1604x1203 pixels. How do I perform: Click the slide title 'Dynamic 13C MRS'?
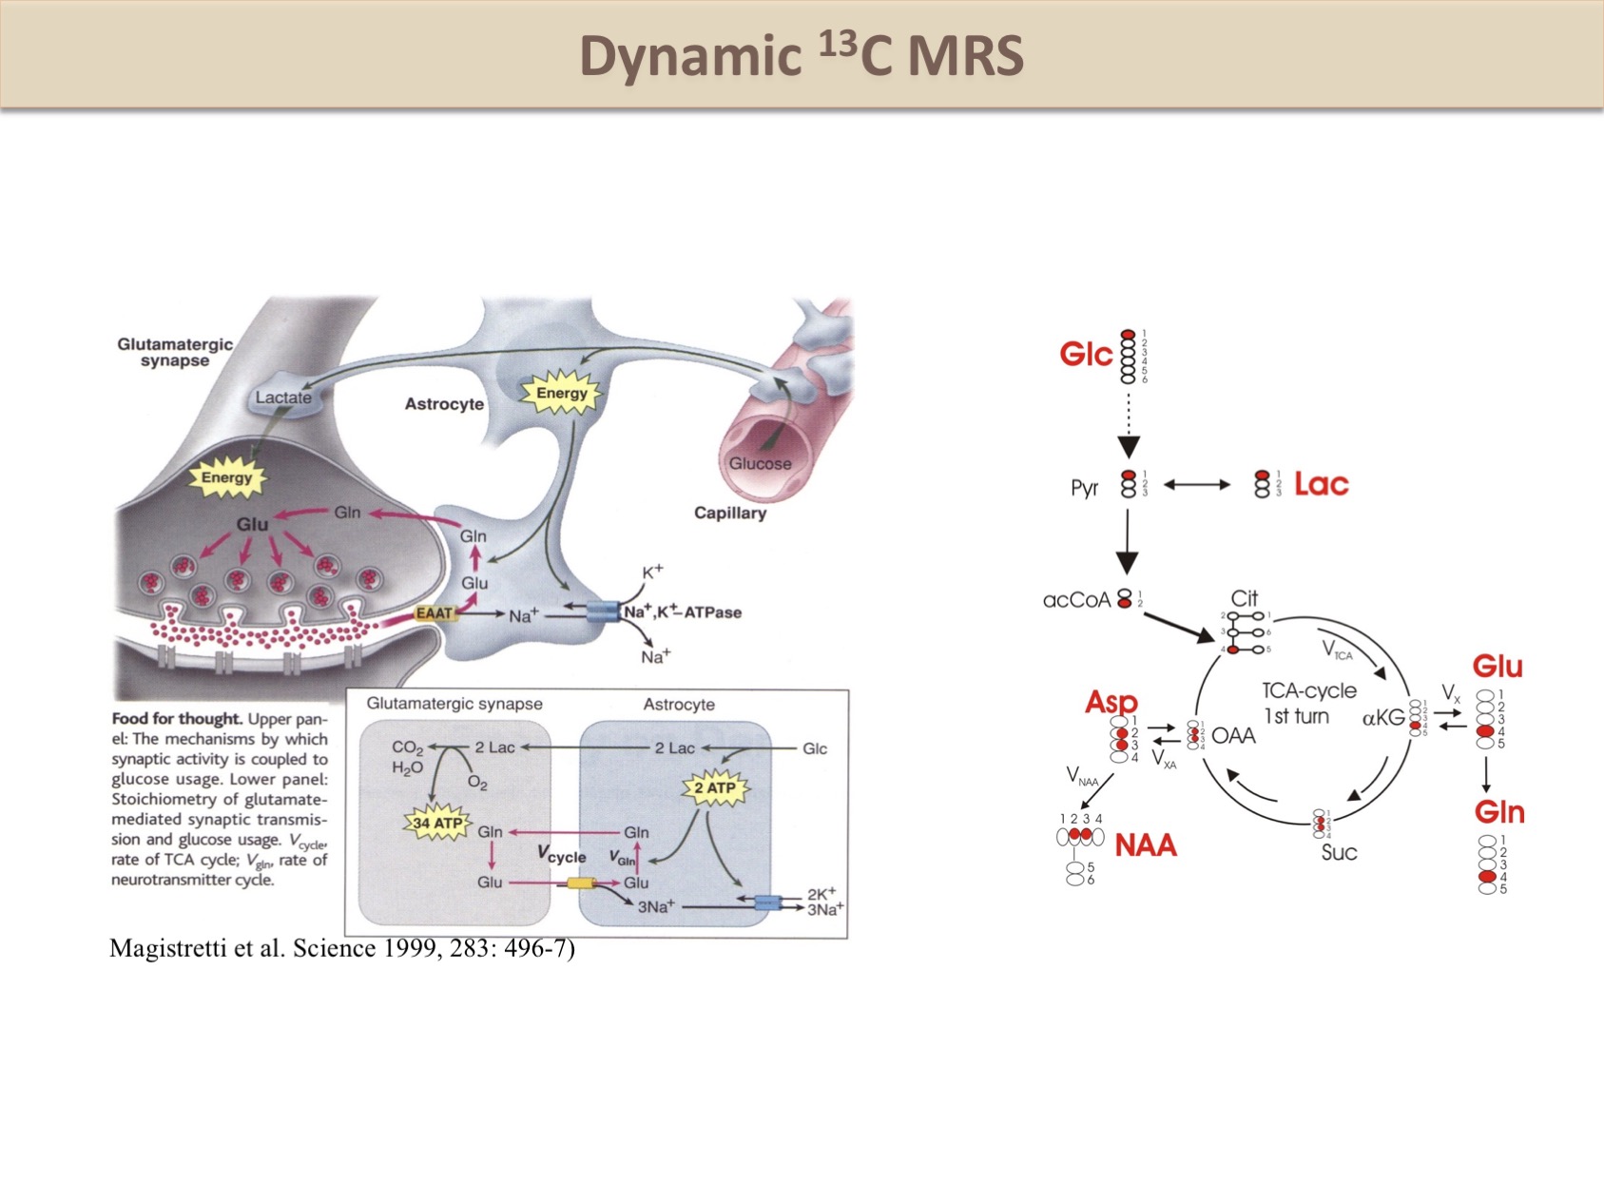802,56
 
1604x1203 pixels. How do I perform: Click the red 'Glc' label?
1085,355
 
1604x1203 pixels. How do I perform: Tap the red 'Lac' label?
1321,484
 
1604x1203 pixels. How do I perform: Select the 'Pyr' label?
1084,488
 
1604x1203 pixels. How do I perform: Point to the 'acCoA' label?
1076,600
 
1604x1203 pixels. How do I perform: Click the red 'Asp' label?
1111,702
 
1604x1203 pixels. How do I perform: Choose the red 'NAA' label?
1145,844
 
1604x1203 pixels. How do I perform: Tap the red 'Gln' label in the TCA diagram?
1498,812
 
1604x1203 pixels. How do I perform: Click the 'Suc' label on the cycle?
1339,852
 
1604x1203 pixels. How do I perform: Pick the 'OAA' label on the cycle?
1233,736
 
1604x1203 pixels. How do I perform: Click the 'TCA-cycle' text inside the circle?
1308,690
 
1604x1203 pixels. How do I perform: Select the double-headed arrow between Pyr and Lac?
1197,485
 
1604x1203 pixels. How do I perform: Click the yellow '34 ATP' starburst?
437,824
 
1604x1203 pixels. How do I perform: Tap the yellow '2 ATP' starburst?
714,788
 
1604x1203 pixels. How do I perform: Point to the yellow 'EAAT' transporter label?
435,613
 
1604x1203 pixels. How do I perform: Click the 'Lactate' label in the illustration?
283,398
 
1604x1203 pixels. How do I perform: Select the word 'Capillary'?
729,514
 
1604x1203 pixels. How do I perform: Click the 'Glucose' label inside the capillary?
760,463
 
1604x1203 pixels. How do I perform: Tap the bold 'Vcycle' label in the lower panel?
561,854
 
